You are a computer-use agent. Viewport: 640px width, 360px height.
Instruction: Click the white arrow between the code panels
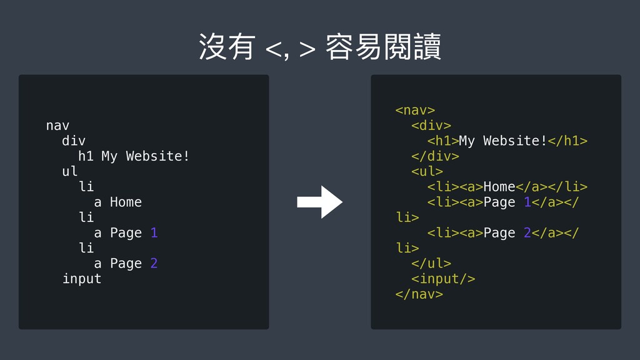tap(319, 202)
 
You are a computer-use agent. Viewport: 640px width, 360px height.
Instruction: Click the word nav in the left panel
tap(57, 126)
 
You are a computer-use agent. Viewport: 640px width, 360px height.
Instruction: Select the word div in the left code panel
tap(74, 141)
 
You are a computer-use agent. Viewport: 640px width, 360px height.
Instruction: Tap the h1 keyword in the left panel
tap(86, 156)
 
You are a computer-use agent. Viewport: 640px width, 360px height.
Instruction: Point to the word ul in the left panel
tap(69, 171)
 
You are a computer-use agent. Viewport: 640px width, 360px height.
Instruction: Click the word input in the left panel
tap(81, 279)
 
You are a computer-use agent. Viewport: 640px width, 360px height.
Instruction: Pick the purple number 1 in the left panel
tap(154, 232)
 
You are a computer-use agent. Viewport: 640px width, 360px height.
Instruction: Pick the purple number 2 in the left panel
tap(154, 263)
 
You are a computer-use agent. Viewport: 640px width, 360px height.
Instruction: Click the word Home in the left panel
tap(126, 202)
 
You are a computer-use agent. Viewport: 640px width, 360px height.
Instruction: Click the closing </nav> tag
tap(419, 294)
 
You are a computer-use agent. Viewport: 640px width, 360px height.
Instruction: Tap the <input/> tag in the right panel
tap(443, 278)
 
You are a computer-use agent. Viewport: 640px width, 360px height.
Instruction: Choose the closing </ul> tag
tap(431, 263)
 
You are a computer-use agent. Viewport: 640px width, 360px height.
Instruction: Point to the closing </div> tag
tap(435, 156)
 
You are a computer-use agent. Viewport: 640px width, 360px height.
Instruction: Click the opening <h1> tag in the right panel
tap(443, 141)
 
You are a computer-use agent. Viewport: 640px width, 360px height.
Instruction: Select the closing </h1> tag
tap(567, 141)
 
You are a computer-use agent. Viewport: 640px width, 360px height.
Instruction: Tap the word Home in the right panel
tap(499, 187)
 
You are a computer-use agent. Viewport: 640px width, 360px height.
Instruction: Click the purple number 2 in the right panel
tap(527, 232)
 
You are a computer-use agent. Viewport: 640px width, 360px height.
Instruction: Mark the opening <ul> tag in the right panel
tap(427, 171)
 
